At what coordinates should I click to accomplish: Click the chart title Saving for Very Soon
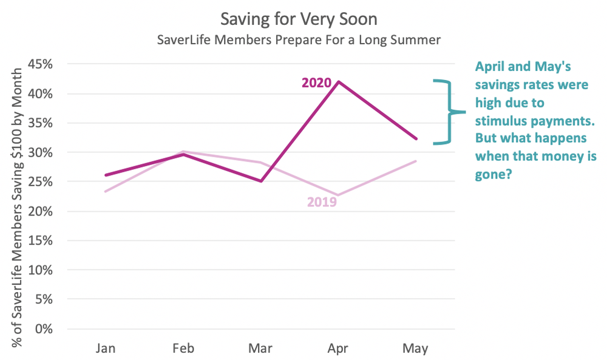pos(298,19)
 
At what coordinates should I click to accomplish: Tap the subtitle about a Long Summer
pos(298,41)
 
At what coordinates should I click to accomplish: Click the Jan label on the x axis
pos(106,348)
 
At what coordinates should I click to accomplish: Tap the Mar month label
pos(260,348)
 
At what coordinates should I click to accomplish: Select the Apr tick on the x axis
pos(337,348)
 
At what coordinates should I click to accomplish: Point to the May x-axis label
pos(415,348)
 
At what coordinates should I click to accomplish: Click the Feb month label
pos(183,348)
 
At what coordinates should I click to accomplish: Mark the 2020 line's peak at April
pos(337,81)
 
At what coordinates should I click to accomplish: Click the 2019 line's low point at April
pos(337,195)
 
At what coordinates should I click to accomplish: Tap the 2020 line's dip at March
pos(260,181)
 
